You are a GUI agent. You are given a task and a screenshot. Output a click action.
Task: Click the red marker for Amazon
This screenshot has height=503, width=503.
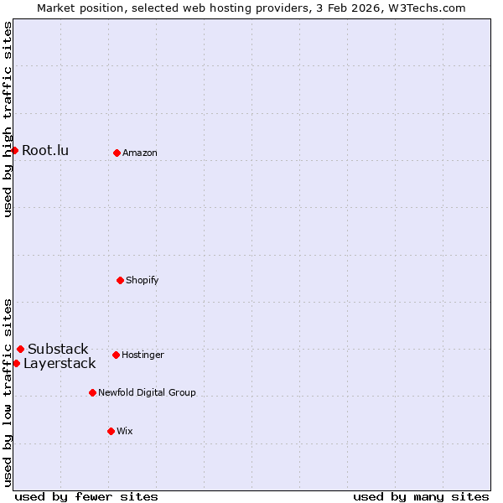tap(117, 153)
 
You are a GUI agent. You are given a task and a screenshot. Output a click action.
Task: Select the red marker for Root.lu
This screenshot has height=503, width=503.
tap(14, 150)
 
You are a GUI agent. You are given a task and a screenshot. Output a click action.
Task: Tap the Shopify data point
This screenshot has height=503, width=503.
tap(120, 280)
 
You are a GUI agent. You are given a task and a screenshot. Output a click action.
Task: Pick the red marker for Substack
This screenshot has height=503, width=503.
tap(20, 349)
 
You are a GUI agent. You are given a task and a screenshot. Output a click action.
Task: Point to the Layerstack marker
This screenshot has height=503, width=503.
tap(16, 363)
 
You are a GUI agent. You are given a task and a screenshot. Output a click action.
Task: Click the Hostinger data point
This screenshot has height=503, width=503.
tap(116, 355)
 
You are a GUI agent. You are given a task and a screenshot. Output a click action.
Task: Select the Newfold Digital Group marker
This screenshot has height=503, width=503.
tap(92, 392)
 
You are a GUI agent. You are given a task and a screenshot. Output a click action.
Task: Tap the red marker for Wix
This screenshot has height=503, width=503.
tap(111, 431)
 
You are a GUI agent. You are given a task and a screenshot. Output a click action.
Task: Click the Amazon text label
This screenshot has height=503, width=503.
tap(140, 153)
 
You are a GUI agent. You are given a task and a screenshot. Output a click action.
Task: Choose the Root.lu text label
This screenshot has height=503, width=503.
tap(45, 151)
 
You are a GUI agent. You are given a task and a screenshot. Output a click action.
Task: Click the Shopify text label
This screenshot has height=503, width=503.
tap(143, 280)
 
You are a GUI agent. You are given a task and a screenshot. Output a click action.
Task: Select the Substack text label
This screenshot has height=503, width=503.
tap(58, 350)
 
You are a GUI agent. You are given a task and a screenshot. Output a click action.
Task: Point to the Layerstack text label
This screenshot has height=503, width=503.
tap(60, 364)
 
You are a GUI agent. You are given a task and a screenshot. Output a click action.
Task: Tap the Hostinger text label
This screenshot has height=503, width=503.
tap(143, 355)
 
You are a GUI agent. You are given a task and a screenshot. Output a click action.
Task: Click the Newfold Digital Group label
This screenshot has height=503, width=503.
tap(147, 392)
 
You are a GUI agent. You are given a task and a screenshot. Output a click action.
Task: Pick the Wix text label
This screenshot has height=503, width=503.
tap(125, 432)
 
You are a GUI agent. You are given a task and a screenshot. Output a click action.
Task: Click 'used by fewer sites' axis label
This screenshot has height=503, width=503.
tap(86, 497)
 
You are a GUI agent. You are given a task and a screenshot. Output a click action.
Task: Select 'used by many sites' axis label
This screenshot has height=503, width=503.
tap(421, 497)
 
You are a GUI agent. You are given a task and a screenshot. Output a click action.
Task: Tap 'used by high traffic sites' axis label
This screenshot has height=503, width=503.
tap(8, 119)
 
